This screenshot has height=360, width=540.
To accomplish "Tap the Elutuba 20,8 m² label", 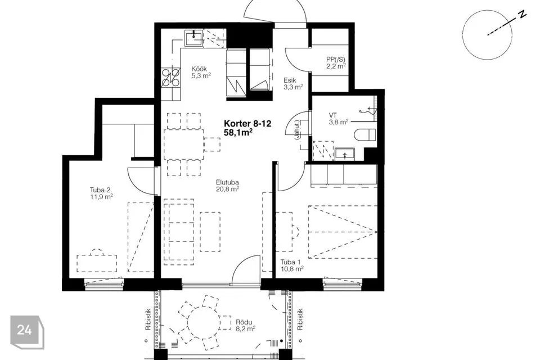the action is [228, 185].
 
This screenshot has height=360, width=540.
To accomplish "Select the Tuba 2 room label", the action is [102, 193].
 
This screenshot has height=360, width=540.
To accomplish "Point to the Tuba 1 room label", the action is [292, 265].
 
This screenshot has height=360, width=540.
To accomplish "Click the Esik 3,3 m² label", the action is [293, 84].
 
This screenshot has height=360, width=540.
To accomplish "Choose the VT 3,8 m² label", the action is [339, 119].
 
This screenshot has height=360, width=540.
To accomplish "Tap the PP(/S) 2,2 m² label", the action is [336, 62].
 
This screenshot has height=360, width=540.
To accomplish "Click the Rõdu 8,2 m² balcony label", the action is [246, 326].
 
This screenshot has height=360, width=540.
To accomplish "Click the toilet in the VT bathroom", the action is [365, 134].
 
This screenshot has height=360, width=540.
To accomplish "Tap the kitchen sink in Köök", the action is [194, 38].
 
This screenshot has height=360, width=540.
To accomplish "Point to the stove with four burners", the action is [171, 78].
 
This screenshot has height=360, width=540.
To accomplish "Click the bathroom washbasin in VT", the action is [345, 154].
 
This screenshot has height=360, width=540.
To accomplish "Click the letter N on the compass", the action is [523, 14].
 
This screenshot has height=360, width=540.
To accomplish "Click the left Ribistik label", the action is [148, 319].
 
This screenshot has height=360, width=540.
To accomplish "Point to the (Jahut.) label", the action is [297, 129].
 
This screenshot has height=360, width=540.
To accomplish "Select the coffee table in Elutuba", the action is [210, 232].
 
